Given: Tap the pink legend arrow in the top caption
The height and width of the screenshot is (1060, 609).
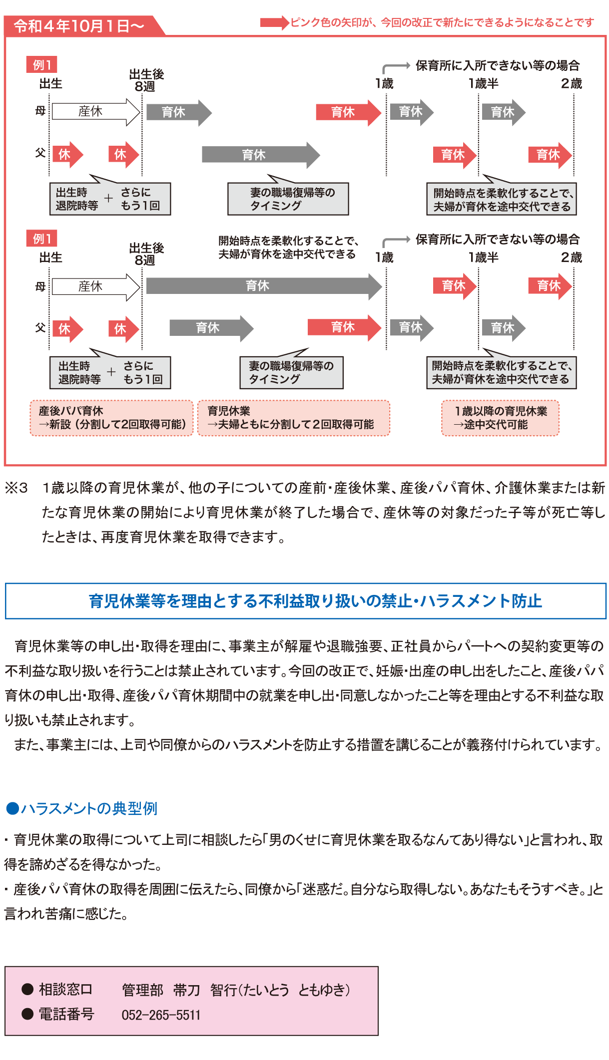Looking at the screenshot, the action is click(274, 22).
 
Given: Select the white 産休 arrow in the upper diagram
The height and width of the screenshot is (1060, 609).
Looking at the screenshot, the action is click(96, 111).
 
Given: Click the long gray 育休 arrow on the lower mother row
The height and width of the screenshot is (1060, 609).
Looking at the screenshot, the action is click(264, 286).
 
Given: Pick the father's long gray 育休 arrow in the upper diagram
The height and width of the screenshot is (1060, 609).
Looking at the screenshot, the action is click(261, 155).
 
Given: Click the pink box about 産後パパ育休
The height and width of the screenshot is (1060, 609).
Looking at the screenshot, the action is click(111, 418).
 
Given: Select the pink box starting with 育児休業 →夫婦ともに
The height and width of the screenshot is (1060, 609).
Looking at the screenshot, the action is click(294, 418).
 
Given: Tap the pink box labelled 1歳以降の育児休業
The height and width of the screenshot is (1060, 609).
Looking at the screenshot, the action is click(500, 418).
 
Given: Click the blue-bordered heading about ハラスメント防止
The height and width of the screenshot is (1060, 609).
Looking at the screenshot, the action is click(305, 601).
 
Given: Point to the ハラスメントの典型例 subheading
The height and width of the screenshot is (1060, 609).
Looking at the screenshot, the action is click(89, 808).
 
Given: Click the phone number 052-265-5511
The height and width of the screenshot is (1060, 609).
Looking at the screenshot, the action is click(161, 1015).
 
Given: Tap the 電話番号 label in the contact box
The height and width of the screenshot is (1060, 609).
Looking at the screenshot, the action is click(66, 1014).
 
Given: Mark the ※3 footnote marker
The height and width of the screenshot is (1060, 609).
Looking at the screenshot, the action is click(16, 488).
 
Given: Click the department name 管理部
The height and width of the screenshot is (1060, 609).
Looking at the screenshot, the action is click(142, 990).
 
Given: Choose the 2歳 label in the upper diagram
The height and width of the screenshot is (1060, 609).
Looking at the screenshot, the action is click(572, 83).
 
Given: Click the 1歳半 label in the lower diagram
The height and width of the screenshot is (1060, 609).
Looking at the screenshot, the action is click(483, 258).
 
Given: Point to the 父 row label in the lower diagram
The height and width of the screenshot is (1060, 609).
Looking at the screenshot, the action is click(40, 328).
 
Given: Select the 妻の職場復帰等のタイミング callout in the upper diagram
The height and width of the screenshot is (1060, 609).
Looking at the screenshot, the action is click(288, 199).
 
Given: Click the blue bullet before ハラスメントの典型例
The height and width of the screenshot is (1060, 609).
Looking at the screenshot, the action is click(12, 808).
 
